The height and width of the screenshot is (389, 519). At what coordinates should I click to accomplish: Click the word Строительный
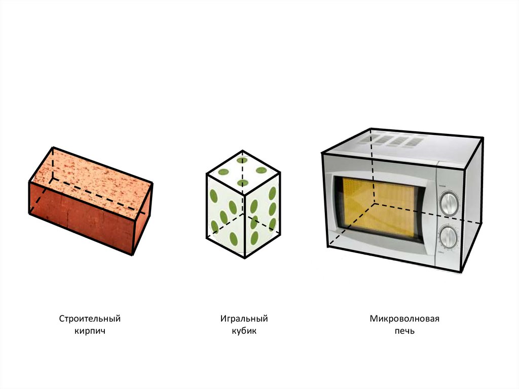[x=90, y=319]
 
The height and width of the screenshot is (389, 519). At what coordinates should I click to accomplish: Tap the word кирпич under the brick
[x=90, y=331]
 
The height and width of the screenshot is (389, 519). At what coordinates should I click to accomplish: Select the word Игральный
[x=244, y=319]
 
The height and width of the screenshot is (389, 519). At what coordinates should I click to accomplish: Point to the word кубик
[x=244, y=331]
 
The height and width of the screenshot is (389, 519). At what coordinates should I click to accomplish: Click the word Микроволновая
[x=404, y=319]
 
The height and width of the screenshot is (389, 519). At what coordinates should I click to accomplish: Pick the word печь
[x=404, y=331]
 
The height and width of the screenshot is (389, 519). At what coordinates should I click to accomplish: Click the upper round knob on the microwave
[x=449, y=202]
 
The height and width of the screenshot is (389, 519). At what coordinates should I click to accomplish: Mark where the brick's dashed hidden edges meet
[x=52, y=179]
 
